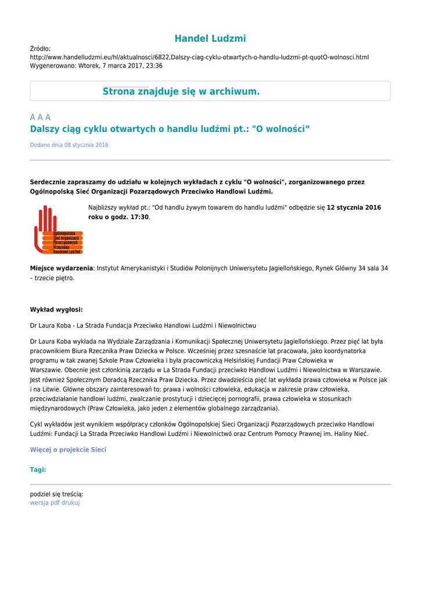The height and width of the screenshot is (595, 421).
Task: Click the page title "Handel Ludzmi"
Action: click(x=210, y=39)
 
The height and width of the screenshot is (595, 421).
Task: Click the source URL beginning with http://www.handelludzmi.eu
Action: click(x=199, y=58)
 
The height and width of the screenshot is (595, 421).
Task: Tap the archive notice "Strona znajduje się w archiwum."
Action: click(x=181, y=92)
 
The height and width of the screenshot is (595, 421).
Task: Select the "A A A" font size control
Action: click(x=40, y=117)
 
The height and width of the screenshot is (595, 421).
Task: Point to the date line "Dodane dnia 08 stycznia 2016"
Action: click(x=69, y=145)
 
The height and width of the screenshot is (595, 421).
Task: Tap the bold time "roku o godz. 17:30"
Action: click(x=118, y=217)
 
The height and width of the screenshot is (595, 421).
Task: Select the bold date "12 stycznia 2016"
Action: click(x=354, y=207)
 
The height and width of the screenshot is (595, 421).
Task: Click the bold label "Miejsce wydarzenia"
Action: click(x=62, y=268)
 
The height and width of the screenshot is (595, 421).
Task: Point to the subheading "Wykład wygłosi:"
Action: click(x=56, y=310)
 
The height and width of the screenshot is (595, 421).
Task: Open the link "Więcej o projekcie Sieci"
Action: click(x=68, y=450)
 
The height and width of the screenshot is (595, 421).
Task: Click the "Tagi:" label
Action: click(x=38, y=469)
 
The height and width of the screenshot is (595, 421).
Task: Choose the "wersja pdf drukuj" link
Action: click(x=55, y=503)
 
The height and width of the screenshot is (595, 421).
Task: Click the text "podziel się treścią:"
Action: click(x=56, y=494)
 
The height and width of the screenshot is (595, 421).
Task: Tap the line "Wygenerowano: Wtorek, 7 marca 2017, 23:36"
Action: click(x=96, y=66)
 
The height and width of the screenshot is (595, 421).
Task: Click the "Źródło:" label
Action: click(x=40, y=49)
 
